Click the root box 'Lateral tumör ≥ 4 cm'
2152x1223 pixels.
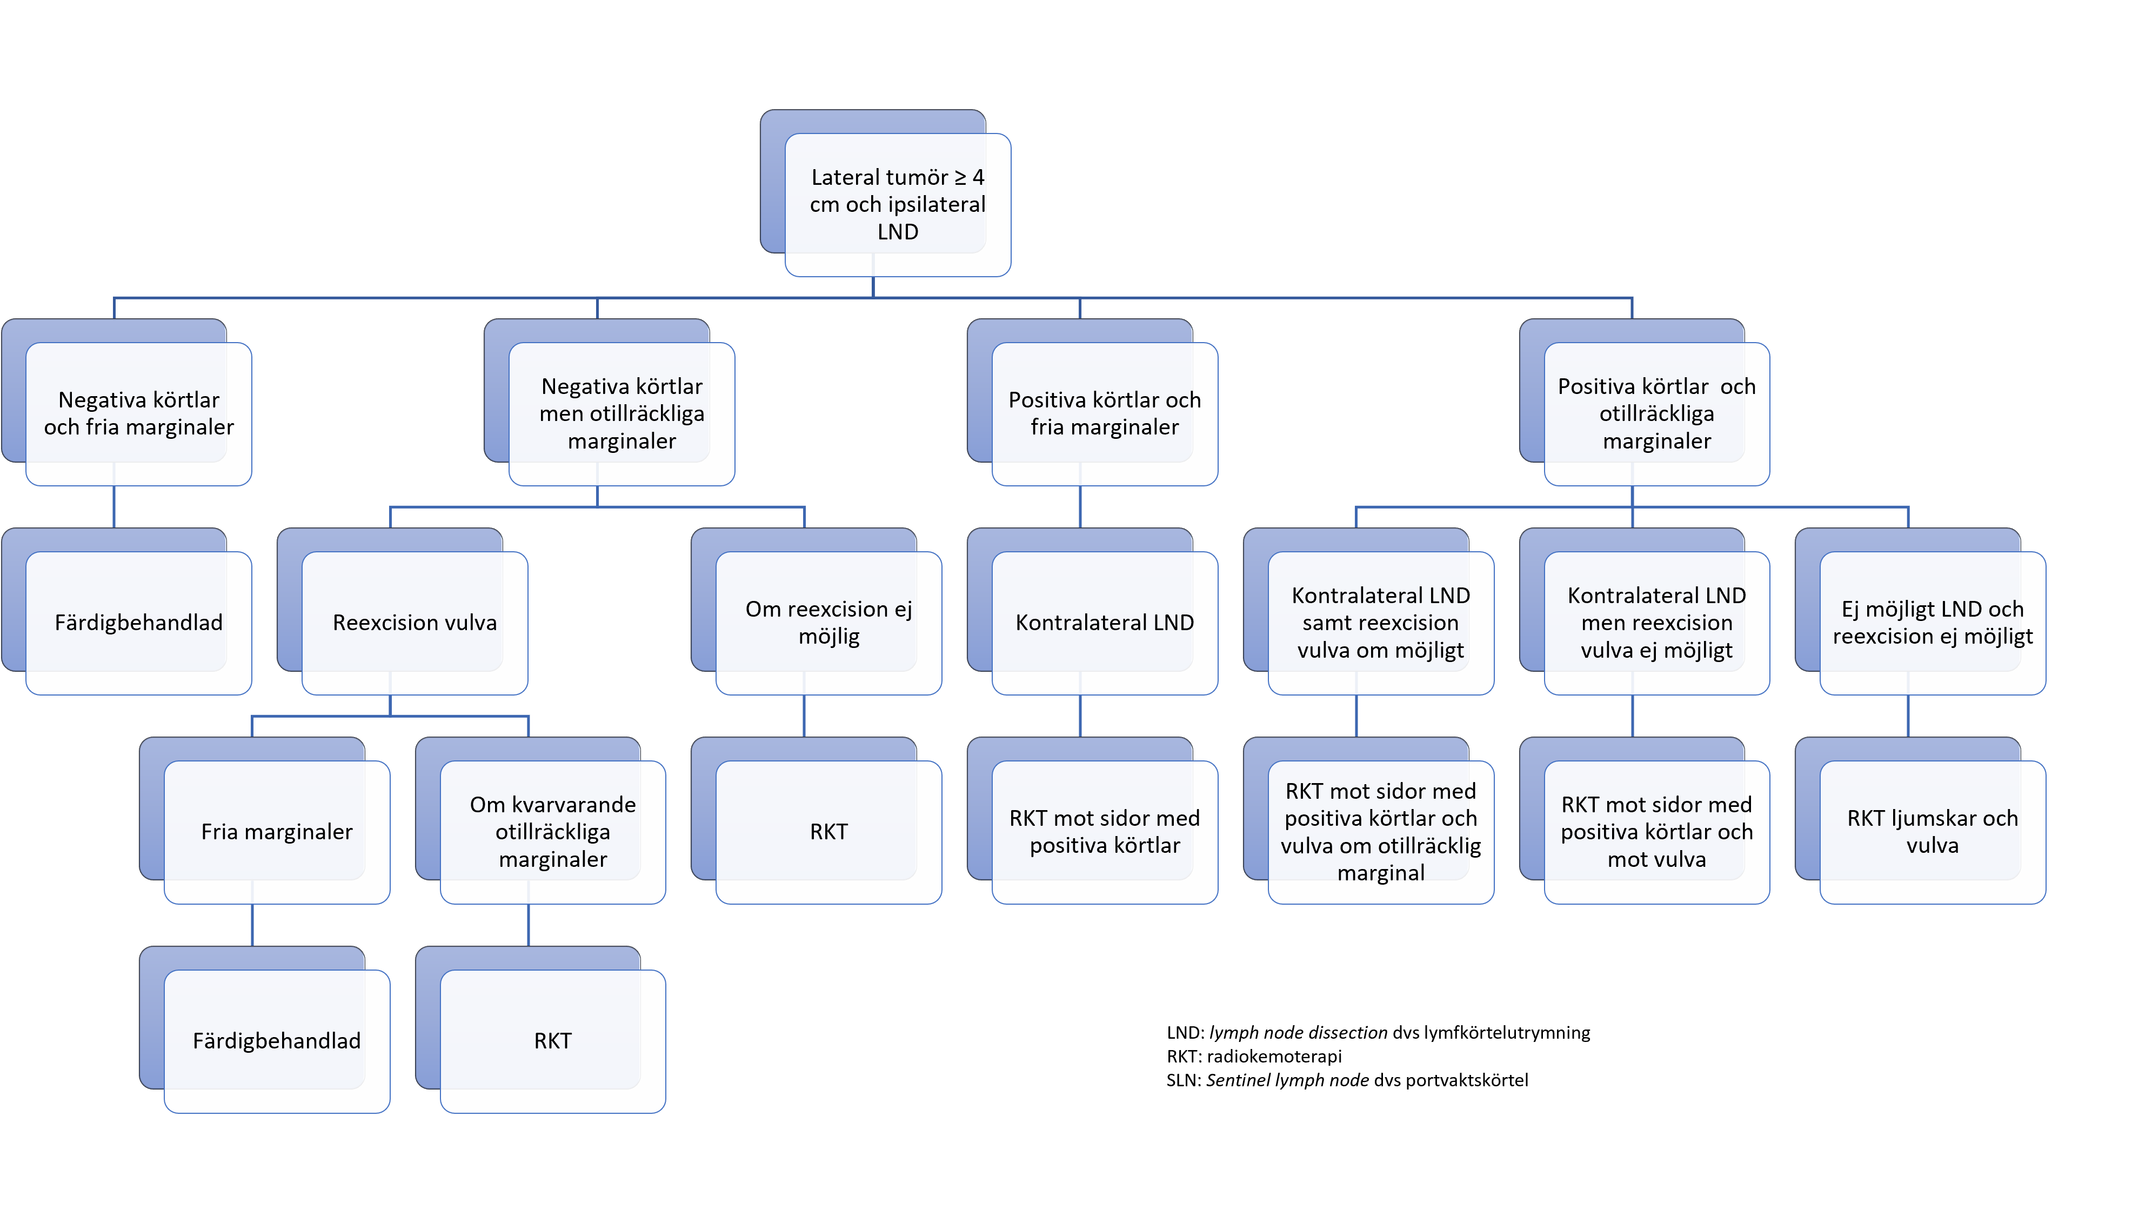coord(897,204)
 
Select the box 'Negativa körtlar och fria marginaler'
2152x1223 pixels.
coord(138,413)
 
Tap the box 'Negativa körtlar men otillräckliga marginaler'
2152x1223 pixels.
coord(621,413)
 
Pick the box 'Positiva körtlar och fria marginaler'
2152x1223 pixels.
coord(1105,413)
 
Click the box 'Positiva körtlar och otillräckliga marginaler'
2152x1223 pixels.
coord(1656,413)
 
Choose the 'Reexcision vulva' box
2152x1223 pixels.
coord(414,623)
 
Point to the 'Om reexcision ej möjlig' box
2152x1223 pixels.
coord(828,623)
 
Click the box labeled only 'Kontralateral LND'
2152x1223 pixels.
coord(1105,623)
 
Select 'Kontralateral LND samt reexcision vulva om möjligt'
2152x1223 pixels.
coord(1380,623)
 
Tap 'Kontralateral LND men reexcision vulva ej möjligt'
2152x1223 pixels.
coord(1656,623)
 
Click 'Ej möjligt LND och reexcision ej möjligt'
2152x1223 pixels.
coord(1932,623)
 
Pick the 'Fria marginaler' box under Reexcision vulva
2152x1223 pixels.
coord(276,832)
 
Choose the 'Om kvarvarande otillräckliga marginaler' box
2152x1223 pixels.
coord(553,832)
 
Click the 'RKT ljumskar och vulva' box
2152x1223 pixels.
coord(1932,832)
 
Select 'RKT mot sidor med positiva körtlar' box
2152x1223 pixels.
coord(1105,832)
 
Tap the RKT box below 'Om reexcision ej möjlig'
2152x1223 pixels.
coord(828,832)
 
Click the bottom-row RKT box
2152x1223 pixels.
coord(553,1041)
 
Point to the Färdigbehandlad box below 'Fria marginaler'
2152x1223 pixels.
coord(276,1041)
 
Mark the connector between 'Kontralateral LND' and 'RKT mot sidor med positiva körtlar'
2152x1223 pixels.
coord(1080,716)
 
